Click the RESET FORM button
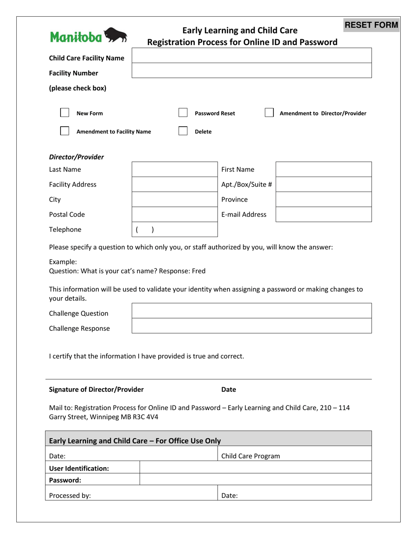[371, 25]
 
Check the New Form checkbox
[65, 113]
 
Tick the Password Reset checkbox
[183, 113]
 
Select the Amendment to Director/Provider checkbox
[269, 113]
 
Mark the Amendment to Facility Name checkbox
[65, 131]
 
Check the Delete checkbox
[183, 131]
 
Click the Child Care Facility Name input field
[252, 56]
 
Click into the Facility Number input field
[252, 71]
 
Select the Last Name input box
[174, 170]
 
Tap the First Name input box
[323, 170]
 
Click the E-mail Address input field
[323, 214]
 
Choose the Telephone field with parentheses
[174, 230]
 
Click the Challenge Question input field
[252, 311]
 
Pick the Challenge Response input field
[252, 326]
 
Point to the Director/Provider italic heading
[76, 157]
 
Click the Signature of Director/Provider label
[96, 389]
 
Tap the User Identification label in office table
[79, 468]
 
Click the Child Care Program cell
[295, 456]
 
